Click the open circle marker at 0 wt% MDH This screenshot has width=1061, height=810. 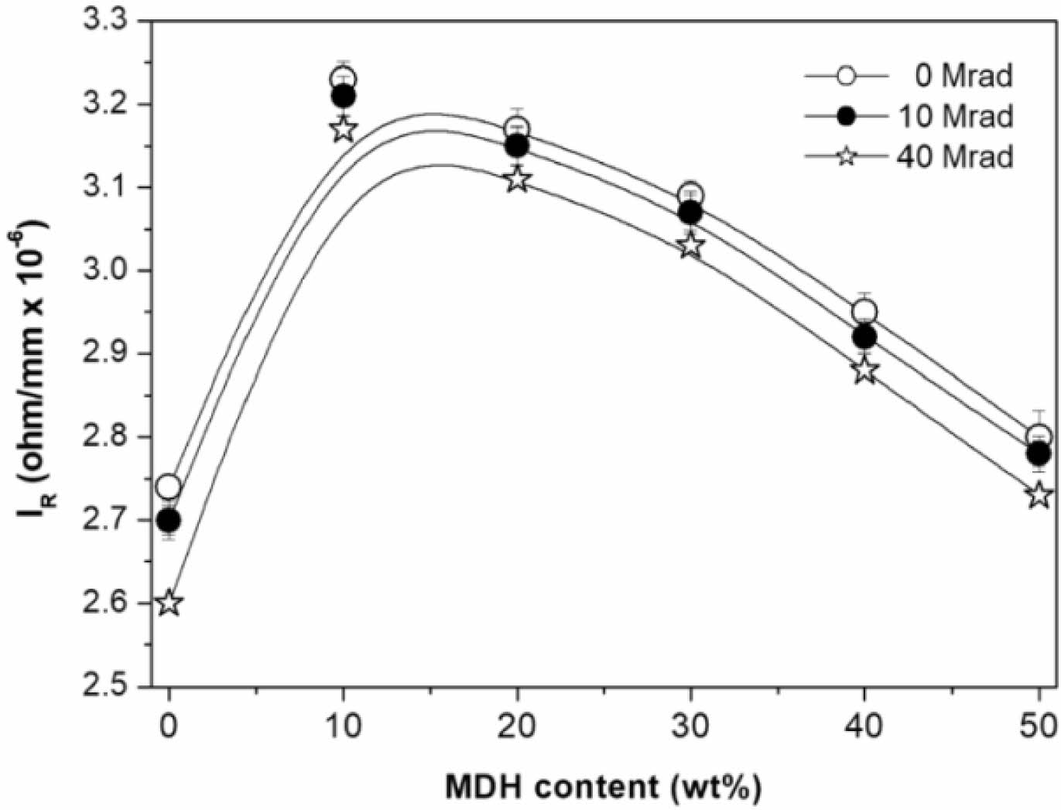click(x=169, y=487)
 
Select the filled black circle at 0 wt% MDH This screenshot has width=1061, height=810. click(x=169, y=520)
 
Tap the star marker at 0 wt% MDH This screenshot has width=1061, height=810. click(x=169, y=603)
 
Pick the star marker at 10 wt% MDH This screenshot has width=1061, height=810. click(x=343, y=129)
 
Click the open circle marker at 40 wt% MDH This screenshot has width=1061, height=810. click(x=864, y=313)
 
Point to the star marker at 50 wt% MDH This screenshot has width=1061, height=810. click(x=1040, y=494)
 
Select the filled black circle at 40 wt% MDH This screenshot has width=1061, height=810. click(x=864, y=337)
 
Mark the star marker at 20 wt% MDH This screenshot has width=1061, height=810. click(x=517, y=179)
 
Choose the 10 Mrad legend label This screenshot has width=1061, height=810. click(x=955, y=116)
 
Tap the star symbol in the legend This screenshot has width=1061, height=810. click(x=847, y=157)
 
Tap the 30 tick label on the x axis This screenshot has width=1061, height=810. click(x=690, y=726)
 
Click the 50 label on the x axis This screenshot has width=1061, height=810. click(x=1039, y=726)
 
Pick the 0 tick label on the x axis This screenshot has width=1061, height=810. click(x=169, y=726)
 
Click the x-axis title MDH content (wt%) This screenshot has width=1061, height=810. click(x=603, y=787)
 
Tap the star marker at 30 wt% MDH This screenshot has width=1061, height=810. click(x=690, y=246)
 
